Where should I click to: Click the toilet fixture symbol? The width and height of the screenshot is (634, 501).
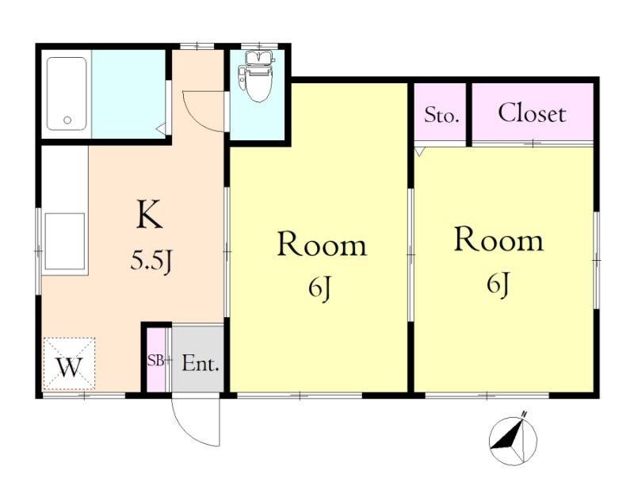257,77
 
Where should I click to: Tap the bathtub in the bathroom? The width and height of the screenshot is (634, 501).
67,94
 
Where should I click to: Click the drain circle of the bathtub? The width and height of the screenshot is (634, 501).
67,120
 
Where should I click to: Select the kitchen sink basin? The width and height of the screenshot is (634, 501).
65,242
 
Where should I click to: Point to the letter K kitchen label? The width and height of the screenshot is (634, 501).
150,214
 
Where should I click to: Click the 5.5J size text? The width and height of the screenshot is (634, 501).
152,261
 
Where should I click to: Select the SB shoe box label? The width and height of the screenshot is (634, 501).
155,361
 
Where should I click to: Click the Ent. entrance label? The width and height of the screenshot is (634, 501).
201,363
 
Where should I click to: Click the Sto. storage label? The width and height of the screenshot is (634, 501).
441,116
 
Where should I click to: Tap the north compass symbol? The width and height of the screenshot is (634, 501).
513,438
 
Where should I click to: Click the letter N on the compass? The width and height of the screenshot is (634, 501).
525,414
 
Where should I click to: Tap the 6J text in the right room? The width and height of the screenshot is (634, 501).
498,284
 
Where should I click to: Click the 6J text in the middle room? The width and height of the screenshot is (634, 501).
320,289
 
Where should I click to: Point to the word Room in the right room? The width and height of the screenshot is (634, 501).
499,240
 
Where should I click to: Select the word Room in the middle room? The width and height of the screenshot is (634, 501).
322,244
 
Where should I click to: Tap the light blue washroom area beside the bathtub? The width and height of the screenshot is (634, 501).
128,94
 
